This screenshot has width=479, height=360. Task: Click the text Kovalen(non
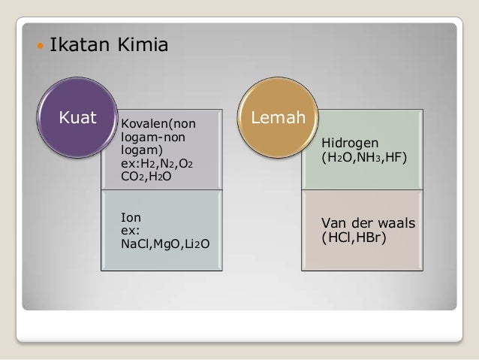pyautogui.click(x=155, y=123)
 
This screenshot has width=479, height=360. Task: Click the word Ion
pyautogui.click(x=130, y=218)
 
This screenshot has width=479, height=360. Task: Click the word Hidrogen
pyautogui.click(x=350, y=144)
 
